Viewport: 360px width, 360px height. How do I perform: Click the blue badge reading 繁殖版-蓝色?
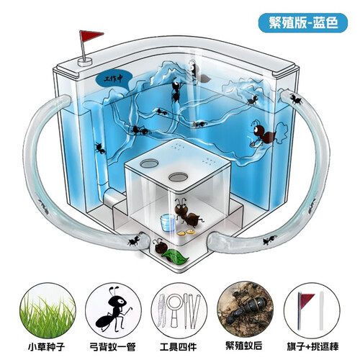[303, 23]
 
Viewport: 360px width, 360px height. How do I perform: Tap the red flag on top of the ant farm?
[91, 36]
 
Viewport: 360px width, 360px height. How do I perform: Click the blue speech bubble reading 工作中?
[114, 78]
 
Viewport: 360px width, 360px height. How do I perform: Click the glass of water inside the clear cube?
[168, 223]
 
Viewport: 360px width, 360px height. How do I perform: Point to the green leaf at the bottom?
[176, 257]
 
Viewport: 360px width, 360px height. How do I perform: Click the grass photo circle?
[48, 312]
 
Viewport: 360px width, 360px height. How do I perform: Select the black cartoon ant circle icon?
[113, 312]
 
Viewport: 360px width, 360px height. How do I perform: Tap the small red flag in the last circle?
[305, 300]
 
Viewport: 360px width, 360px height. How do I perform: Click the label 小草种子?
[47, 347]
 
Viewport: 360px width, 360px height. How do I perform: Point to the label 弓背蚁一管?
[113, 347]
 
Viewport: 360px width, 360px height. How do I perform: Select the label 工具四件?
[179, 347]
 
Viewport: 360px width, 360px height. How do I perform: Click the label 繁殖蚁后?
[244, 346]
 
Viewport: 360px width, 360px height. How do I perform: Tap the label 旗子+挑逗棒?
[312, 347]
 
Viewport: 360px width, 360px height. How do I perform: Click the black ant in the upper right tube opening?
[296, 99]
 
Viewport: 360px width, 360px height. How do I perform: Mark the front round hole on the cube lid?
[178, 177]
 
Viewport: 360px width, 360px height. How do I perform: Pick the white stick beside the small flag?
[322, 310]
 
